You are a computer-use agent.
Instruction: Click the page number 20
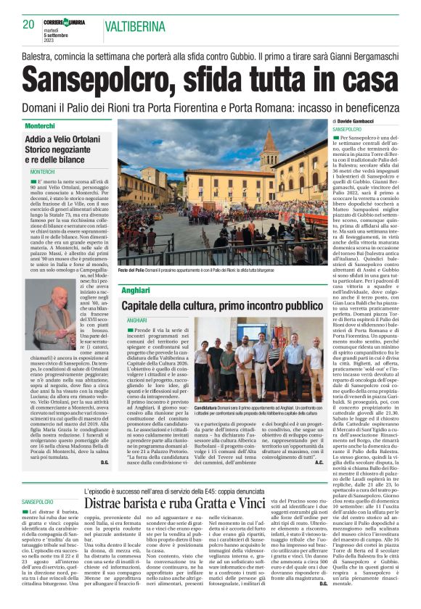click(28, 25)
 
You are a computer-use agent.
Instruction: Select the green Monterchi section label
click(40, 125)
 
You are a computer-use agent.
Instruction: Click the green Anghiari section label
click(136, 289)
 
